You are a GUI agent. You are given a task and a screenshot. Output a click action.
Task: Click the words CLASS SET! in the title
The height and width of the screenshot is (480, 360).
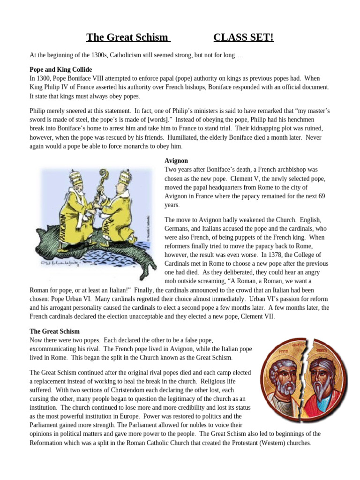pos(243,37)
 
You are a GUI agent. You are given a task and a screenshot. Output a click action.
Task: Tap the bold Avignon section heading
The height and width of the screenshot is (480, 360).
pos(176,160)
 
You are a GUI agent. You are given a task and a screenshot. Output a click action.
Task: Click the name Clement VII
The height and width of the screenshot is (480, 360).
pos(257,316)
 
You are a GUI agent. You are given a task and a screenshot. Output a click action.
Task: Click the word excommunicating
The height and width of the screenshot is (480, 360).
pos(52,349)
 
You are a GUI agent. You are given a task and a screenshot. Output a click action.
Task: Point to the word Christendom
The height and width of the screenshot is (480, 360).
pos(127,390)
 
